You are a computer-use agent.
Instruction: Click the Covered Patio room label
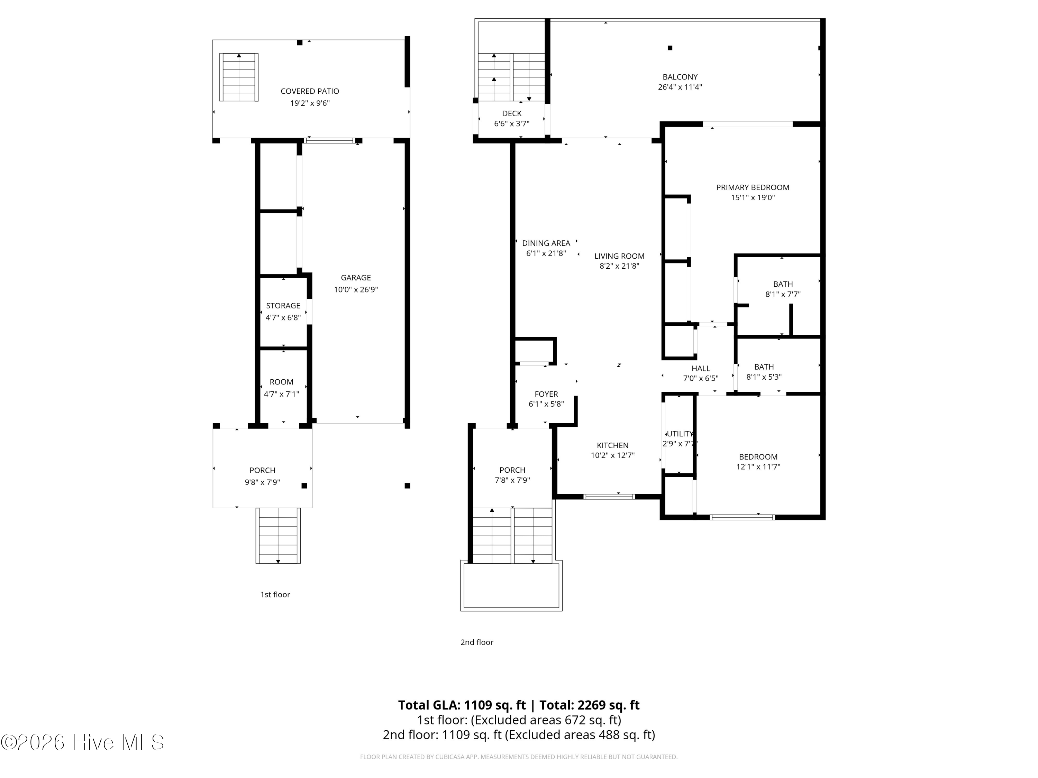[x=310, y=91]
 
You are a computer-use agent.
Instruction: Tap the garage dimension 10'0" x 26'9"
[x=356, y=290]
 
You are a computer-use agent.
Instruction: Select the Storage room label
[x=283, y=305]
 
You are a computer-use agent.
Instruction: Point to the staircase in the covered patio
[x=239, y=77]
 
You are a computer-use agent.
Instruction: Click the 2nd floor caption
[x=476, y=642]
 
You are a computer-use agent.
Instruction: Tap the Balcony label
[x=680, y=77]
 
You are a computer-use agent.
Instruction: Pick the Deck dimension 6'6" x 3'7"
[x=511, y=124]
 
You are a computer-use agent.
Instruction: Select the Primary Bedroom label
[x=752, y=187]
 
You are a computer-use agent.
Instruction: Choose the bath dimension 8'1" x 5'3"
[x=764, y=377]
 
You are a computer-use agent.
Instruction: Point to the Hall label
[x=701, y=369]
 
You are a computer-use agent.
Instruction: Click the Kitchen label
[x=612, y=445]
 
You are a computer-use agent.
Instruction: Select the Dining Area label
[x=546, y=243]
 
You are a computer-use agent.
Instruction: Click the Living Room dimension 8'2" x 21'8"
[x=619, y=266]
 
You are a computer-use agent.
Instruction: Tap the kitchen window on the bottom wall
[x=609, y=497]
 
